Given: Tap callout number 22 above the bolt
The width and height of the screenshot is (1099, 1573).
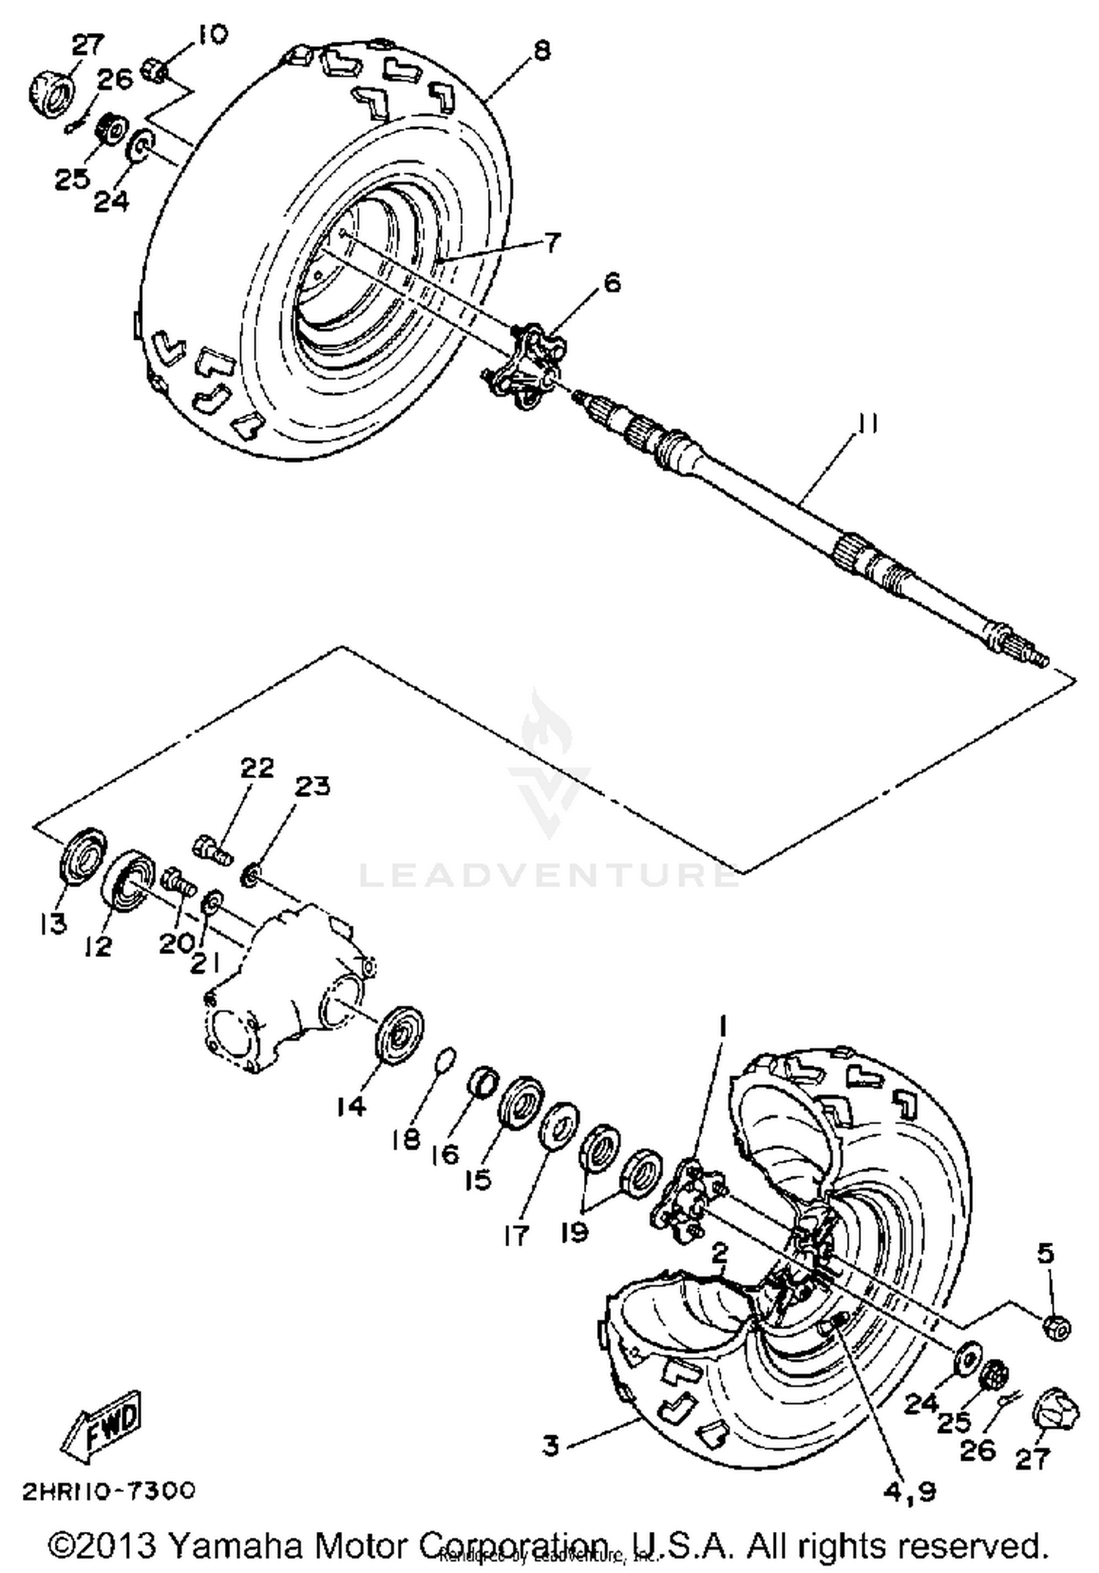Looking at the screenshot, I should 257,767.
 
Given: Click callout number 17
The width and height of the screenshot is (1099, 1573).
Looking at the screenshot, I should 516,1235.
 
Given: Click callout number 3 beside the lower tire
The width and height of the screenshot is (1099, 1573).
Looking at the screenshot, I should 551,1446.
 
